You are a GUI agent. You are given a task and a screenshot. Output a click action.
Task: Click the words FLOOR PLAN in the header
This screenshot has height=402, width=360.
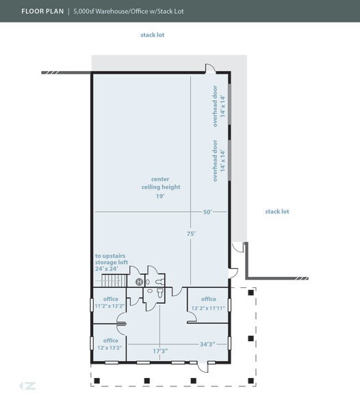click(x=42, y=12)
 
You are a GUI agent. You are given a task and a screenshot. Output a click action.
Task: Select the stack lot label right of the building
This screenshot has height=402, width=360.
click(x=277, y=211)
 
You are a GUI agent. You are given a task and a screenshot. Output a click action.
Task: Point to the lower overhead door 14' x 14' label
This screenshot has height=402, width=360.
click(x=218, y=161)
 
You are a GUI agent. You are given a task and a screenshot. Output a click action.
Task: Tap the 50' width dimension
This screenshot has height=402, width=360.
click(x=207, y=212)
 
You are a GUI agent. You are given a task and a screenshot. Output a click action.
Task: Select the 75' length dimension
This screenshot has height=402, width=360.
click(x=191, y=234)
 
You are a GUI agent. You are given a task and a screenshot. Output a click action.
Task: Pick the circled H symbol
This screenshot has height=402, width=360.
click(x=139, y=282)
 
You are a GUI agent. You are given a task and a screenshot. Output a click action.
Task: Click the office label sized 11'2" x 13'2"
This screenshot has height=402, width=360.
click(x=110, y=302)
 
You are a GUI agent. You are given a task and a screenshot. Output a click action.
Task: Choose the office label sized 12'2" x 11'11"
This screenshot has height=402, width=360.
click(x=209, y=303)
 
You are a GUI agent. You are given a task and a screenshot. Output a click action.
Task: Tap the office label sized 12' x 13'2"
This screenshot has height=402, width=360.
click(x=110, y=344)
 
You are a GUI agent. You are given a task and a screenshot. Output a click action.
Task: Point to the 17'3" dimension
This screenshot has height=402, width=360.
click(x=160, y=351)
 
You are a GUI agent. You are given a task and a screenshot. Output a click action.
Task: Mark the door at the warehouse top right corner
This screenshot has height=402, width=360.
click(x=210, y=69)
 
